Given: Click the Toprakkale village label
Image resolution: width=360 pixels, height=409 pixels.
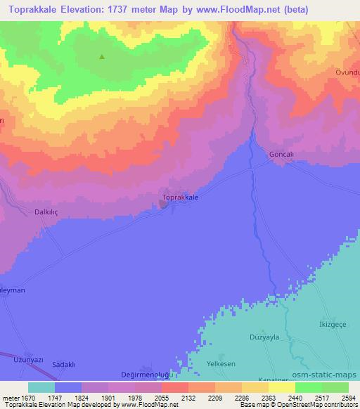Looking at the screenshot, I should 180,198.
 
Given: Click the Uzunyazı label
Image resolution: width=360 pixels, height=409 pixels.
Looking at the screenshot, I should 29,359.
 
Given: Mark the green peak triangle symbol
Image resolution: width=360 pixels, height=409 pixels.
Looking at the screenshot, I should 102,57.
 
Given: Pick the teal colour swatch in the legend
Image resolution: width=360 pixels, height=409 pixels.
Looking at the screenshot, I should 41,387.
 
